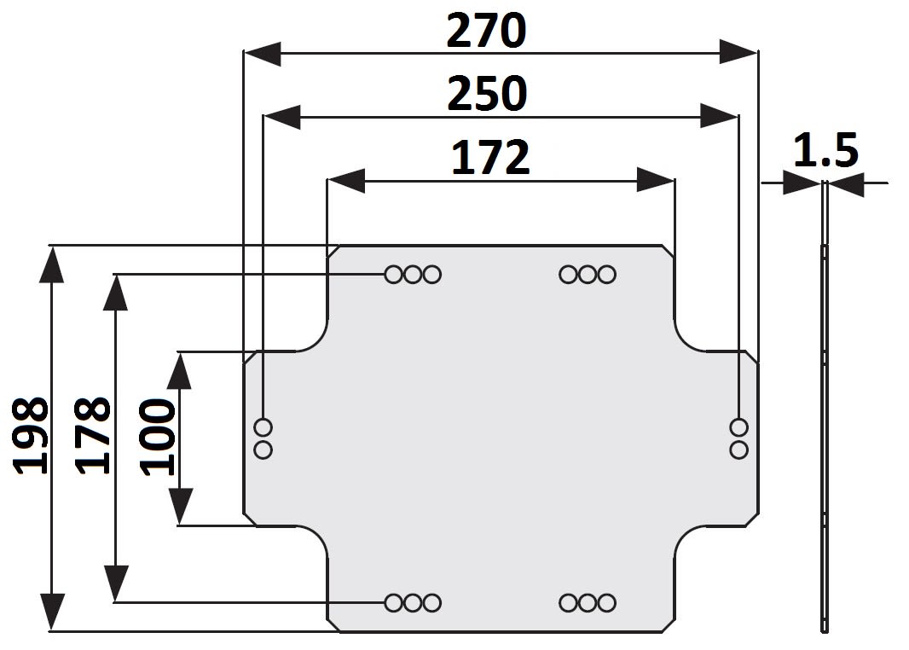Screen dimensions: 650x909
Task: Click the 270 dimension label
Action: (x=487, y=32)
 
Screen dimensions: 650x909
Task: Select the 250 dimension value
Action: (x=487, y=94)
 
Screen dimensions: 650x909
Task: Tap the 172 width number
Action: (x=489, y=158)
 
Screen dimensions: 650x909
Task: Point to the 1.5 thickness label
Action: (x=825, y=151)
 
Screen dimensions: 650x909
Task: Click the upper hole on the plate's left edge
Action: (x=263, y=427)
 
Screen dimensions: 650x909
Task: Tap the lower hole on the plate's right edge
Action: (x=739, y=449)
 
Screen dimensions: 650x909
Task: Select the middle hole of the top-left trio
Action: (x=413, y=275)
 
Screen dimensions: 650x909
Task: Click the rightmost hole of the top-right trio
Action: (x=606, y=275)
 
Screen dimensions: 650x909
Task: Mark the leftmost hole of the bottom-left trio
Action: (x=394, y=603)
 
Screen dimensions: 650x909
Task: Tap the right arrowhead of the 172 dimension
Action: (x=657, y=180)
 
